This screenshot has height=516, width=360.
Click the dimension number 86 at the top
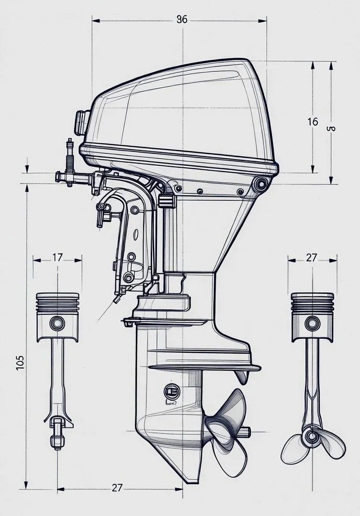pyautogui.click(x=182, y=20)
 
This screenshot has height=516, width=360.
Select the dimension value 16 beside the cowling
pyautogui.click(x=312, y=122)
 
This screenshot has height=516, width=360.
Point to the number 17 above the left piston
pyautogui.click(x=57, y=258)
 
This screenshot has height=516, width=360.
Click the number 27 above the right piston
pyautogui.click(x=312, y=258)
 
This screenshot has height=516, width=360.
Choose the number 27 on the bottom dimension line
pyautogui.click(x=117, y=488)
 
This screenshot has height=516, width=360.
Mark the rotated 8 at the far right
pyautogui.click(x=331, y=128)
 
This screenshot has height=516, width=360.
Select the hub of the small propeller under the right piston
pyautogui.click(x=312, y=436)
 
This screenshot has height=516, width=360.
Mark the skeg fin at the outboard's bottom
pyautogui.click(x=191, y=472)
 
